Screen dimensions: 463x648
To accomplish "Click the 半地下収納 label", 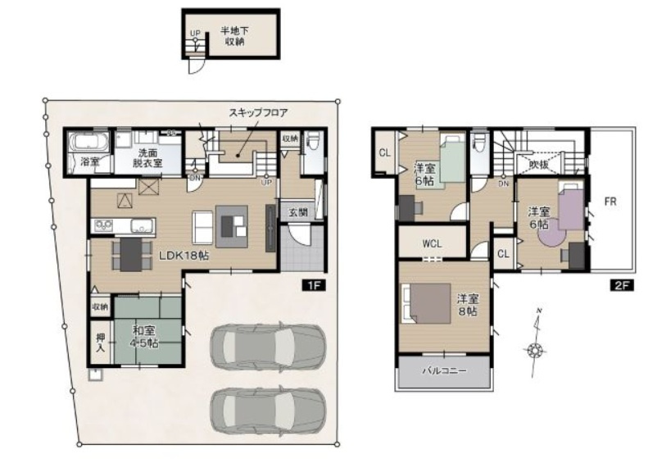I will tap(230, 35).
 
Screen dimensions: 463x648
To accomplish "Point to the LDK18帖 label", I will tap(182, 255).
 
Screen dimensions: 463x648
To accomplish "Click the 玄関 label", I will tap(297, 211).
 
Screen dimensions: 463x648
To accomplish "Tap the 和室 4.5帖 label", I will tap(148, 336).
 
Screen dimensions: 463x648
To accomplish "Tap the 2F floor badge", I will tap(620, 285).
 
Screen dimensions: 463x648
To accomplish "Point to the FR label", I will tap(611, 199).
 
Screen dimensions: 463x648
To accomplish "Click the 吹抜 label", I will tap(539, 164).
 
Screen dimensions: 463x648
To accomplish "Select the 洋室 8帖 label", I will tap(467, 304).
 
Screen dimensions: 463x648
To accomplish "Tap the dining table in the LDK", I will tap(131, 254).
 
